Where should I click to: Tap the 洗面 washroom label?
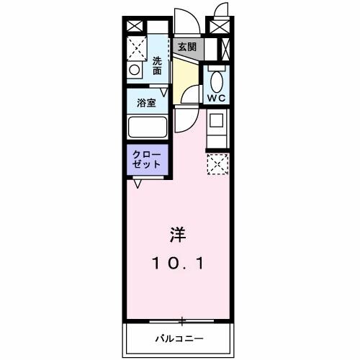(157, 66)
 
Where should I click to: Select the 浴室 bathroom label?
(146, 102)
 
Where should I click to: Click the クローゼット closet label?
(148, 159)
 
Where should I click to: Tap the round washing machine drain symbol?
(134, 71)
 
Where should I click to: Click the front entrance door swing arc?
(183, 18)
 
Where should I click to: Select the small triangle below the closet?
(136, 183)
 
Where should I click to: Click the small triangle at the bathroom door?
(165, 93)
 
